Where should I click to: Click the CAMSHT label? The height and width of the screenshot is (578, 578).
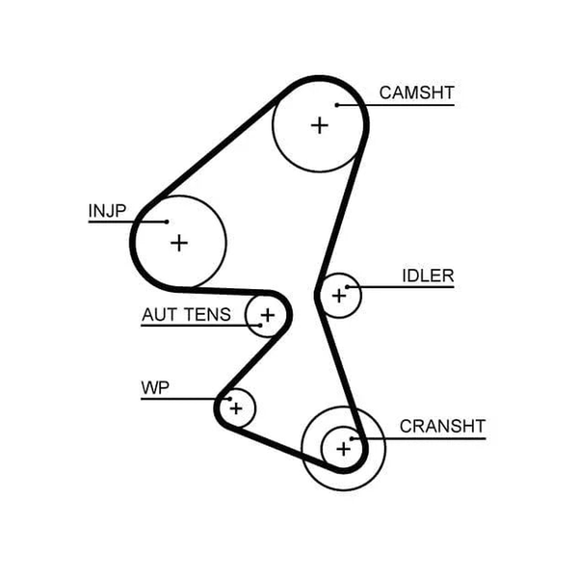click(416, 92)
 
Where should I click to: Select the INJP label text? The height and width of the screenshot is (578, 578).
click(107, 211)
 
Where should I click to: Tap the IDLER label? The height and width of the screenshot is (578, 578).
click(428, 276)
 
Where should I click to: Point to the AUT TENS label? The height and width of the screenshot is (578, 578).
click(186, 315)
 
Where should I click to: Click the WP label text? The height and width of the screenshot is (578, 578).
click(155, 388)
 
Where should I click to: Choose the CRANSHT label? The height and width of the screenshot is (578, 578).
click(442, 427)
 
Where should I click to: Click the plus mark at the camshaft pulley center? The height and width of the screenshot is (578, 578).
click(320, 125)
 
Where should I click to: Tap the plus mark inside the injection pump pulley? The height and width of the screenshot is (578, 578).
click(179, 244)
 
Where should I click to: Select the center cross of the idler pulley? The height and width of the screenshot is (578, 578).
click(339, 296)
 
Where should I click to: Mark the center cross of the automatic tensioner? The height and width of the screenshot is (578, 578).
click(268, 315)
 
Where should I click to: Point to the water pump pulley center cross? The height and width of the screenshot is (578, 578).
click(236, 408)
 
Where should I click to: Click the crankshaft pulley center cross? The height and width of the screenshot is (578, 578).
click(344, 449)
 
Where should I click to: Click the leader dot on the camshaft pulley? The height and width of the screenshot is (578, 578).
click(337, 105)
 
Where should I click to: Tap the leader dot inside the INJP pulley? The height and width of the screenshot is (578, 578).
click(167, 222)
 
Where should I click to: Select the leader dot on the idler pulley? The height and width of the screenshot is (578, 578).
click(347, 287)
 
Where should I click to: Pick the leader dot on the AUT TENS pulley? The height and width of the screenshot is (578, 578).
click(260, 326)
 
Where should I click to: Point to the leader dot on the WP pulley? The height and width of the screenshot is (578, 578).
click(229, 399)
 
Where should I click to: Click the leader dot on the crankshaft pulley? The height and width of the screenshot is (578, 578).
click(352, 438)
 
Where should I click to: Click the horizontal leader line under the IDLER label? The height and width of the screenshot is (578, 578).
click(401, 287)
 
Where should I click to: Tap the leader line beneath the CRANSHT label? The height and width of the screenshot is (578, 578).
click(419, 438)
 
